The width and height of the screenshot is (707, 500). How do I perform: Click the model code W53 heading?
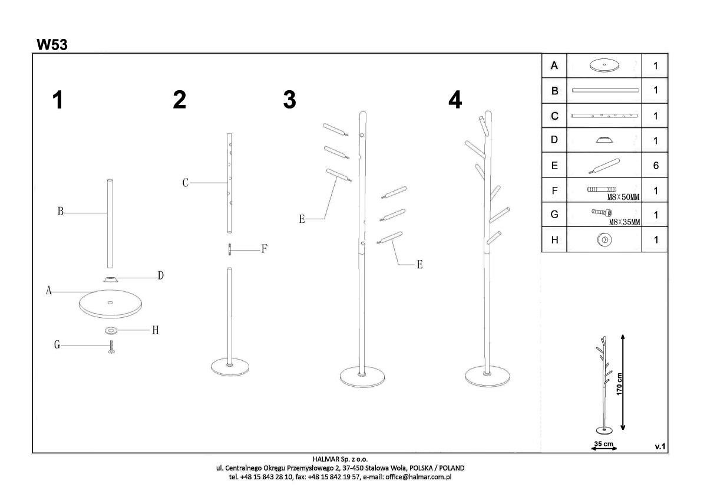(x=52, y=45)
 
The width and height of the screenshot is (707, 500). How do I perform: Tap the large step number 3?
(x=290, y=100)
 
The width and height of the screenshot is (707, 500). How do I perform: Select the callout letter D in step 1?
(x=161, y=276)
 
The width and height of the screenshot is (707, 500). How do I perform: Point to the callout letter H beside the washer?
(x=156, y=330)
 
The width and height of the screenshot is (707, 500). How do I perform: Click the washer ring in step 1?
(x=111, y=330)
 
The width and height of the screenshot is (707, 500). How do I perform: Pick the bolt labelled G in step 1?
(x=111, y=347)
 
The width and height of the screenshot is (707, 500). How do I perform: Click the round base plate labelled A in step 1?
(x=111, y=304)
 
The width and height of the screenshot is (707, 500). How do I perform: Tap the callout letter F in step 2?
(x=265, y=249)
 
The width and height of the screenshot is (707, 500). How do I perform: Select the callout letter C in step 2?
(x=186, y=183)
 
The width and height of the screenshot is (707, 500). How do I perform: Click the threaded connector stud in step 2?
(x=229, y=249)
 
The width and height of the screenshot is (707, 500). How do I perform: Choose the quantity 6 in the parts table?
(x=656, y=166)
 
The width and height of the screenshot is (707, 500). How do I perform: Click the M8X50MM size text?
(x=623, y=198)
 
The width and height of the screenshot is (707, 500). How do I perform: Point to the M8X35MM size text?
(x=625, y=222)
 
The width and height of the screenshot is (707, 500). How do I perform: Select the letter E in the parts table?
(x=554, y=166)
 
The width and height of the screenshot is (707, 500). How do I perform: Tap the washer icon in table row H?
(x=604, y=240)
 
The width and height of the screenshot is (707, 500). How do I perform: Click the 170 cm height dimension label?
(x=619, y=384)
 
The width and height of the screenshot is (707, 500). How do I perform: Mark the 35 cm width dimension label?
(x=604, y=444)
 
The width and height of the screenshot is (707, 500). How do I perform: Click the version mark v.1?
(x=660, y=446)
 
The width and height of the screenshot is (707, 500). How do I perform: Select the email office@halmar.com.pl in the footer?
(x=418, y=476)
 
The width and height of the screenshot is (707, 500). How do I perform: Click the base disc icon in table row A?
(x=604, y=65)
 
